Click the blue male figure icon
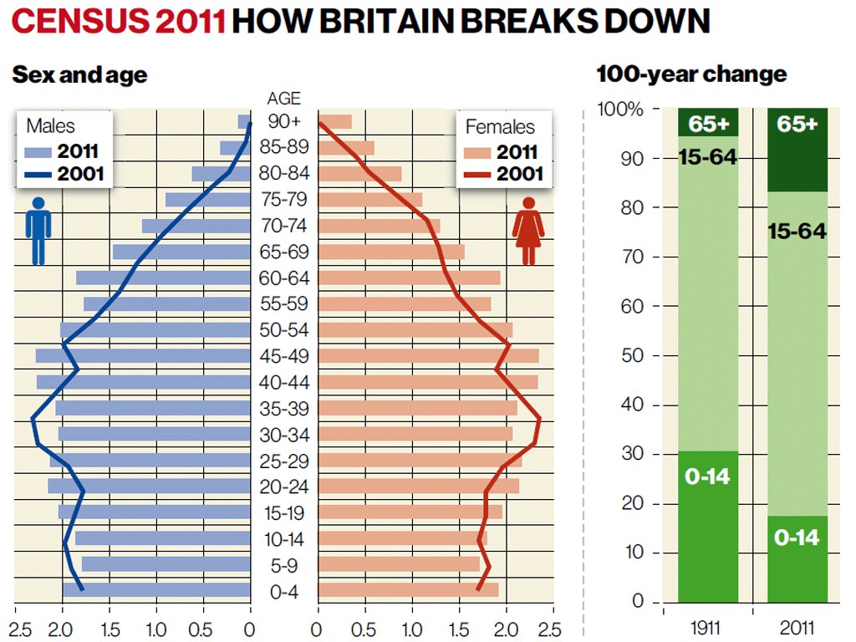38,231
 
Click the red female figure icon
528,231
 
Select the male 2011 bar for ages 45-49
143,356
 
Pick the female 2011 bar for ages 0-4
408,590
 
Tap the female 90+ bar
335,122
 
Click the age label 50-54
284,330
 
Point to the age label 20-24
284,487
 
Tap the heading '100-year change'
691,74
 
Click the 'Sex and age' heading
79,75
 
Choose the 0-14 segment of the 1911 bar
708,527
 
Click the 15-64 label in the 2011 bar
797,231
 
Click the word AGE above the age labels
284,99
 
